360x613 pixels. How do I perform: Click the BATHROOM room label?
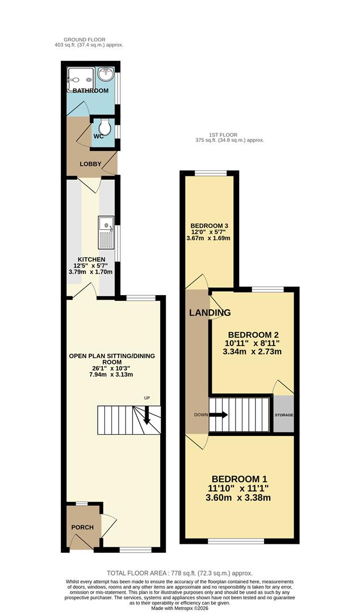click(90, 91)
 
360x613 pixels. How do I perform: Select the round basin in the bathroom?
click(106, 73)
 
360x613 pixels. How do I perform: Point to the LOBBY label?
click(91, 164)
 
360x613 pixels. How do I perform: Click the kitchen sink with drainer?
click(106, 233)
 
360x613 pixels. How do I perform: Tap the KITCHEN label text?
click(91, 259)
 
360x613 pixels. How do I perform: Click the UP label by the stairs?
click(147, 398)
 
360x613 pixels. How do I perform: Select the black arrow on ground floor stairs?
click(147, 415)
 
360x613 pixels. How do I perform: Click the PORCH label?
click(82, 527)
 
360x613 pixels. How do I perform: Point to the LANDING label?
click(210, 312)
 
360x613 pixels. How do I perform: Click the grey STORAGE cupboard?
click(284, 414)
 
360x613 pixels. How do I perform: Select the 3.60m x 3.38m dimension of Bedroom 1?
click(238, 498)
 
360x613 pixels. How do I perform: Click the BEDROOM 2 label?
click(253, 335)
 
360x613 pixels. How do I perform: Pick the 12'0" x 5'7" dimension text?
click(210, 232)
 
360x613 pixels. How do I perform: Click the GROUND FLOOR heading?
click(85, 40)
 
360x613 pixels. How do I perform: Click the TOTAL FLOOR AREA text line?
click(180, 573)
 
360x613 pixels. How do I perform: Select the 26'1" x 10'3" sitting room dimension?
click(112, 368)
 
